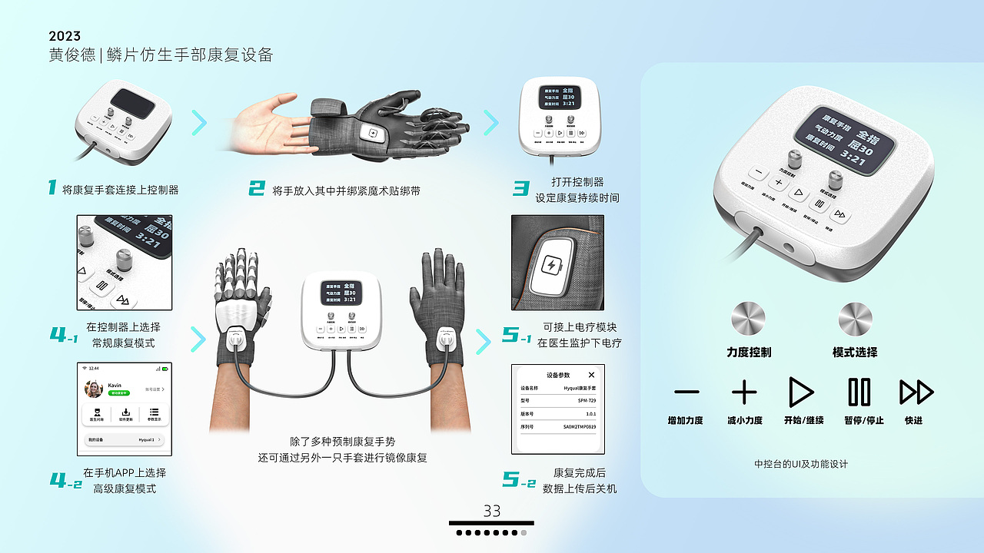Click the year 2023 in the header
[x=65, y=36]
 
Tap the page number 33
[x=492, y=511]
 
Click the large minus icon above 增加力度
[x=686, y=392]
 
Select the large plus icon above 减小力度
[x=744, y=392]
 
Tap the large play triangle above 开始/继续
[x=800, y=392]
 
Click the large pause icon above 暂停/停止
[x=859, y=392]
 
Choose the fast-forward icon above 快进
[x=916, y=392]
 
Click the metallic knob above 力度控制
[x=748, y=318]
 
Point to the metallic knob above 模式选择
[x=855, y=318]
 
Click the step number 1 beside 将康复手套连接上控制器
[x=52, y=187]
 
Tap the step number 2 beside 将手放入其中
[x=256, y=188]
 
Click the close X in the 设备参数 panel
[x=591, y=375]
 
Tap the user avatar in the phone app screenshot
[x=95, y=389]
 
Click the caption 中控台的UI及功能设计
[x=801, y=464]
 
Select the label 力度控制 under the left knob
[x=748, y=352]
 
